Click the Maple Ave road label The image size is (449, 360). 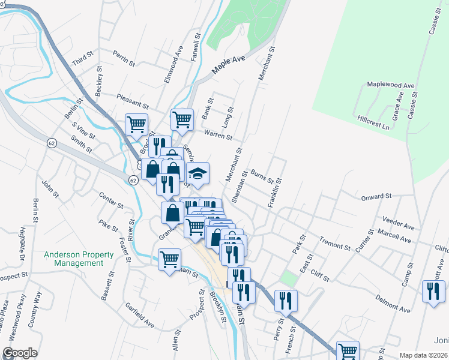(x=228, y=67)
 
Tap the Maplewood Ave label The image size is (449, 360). (x=391, y=86)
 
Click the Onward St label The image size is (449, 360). (x=376, y=196)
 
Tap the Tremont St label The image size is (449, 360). (x=335, y=245)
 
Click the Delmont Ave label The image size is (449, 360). (x=393, y=304)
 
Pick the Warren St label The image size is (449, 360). (x=217, y=134)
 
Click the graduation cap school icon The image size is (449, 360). (x=197, y=173)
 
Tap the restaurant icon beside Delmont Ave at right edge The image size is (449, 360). (x=433, y=292)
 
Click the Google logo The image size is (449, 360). (x=19, y=353)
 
